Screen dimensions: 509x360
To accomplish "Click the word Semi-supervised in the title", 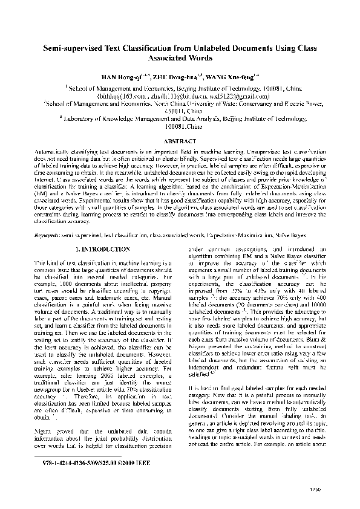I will [71, 48].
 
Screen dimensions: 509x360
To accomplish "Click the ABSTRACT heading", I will [180, 140].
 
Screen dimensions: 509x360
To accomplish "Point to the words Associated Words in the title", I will [180, 59].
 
